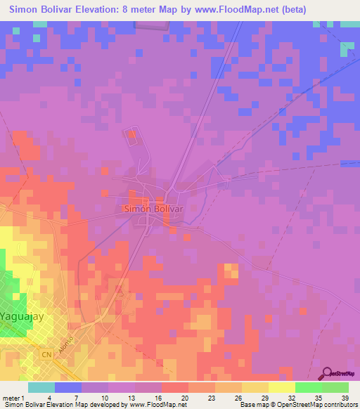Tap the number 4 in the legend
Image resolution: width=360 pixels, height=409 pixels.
point(68,398)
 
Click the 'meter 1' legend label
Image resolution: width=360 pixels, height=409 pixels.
point(14,398)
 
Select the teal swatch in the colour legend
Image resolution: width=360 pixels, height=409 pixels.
point(41,387)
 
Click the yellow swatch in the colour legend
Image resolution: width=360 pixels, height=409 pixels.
point(281,387)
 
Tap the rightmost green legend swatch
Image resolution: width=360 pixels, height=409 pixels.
point(335,387)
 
